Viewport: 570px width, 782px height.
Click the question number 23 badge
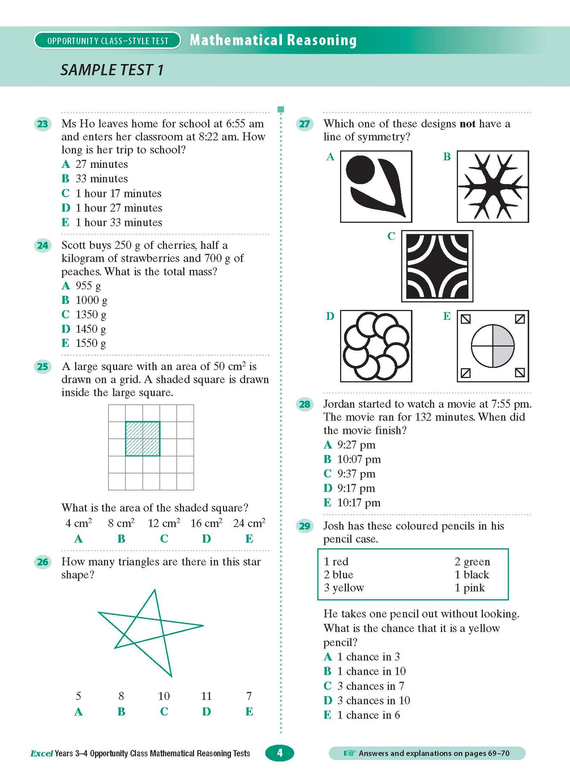[42, 124]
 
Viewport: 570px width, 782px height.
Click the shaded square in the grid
[142, 439]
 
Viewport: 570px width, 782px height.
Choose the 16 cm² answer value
[206, 523]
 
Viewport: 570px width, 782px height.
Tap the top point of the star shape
[154, 591]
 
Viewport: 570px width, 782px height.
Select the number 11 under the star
[206, 696]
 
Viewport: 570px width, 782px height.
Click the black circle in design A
[360, 170]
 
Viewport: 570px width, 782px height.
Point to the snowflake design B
[493, 186]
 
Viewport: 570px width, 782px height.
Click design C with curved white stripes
[437, 266]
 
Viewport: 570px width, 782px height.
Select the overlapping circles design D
[376, 346]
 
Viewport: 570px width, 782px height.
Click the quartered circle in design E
[493, 346]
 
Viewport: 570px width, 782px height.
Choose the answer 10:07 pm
[359, 459]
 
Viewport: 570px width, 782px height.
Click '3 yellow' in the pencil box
[344, 588]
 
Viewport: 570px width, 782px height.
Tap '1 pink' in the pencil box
[469, 588]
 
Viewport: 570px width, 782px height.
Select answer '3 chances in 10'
[373, 701]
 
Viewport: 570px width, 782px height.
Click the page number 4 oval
[280, 753]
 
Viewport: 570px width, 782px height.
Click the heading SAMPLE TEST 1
[112, 70]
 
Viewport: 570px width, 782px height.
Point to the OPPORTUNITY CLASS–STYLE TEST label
[107, 41]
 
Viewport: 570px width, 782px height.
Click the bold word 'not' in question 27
[467, 124]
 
